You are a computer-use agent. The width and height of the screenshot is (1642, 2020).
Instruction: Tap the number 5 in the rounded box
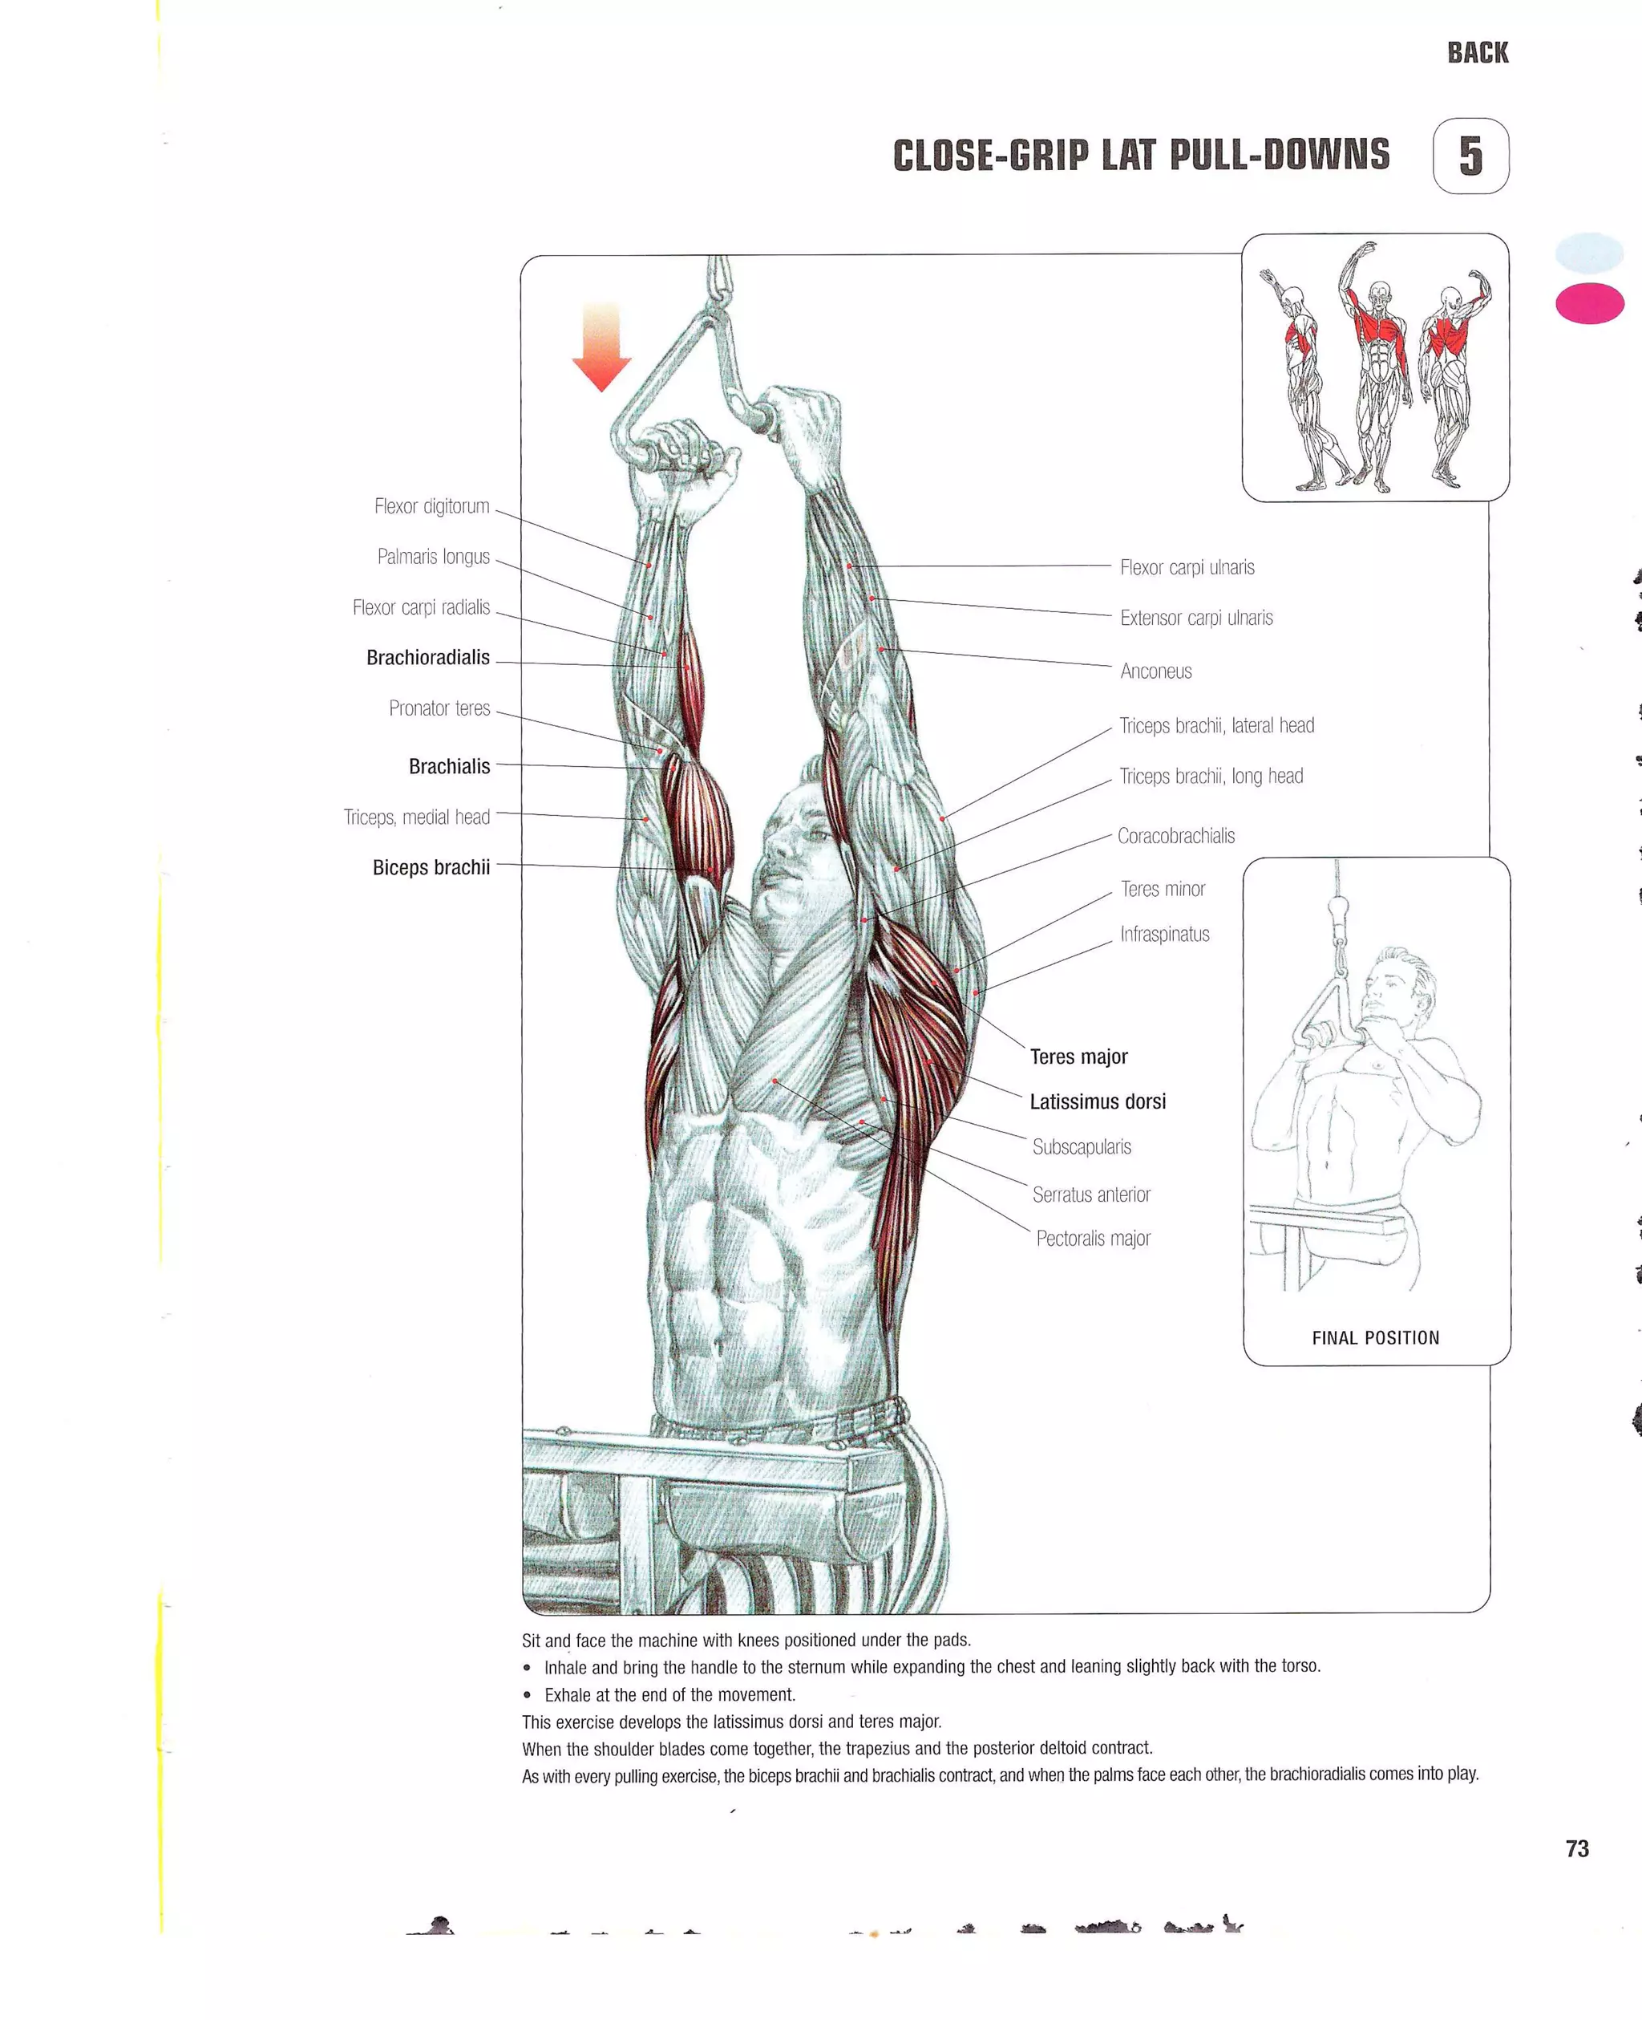[x=1470, y=156]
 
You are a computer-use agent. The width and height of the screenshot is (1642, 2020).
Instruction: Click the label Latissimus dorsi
[x=1097, y=1101]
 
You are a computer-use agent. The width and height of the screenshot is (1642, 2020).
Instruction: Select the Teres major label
[x=1078, y=1057]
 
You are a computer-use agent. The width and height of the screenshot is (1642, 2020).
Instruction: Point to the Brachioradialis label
[x=427, y=658]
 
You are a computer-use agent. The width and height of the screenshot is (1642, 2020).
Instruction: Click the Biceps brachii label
[x=431, y=868]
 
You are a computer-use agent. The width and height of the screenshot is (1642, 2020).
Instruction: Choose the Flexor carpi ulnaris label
[x=1187, y=568]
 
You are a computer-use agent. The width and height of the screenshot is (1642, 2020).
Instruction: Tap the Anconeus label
[x=1156, y=671]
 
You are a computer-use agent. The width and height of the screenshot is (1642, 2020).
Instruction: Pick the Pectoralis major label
[x=1093, y=1239]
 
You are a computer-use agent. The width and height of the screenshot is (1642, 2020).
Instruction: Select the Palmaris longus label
[x=433, y=556]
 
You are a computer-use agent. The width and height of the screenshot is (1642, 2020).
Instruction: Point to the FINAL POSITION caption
[x=1375, y=1338]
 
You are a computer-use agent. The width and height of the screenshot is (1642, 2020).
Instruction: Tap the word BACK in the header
[x=1478, y=53]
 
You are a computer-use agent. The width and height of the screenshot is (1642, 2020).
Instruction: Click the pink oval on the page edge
[x=1589, y=304]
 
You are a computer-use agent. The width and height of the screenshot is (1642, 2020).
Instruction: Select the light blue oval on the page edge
[x=1589, y=253]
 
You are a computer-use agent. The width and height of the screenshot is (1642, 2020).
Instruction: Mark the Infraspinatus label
[x=1164, y=935]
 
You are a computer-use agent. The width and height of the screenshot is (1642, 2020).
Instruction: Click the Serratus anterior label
[x=1090, y=1195]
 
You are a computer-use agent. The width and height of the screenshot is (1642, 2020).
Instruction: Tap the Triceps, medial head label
[x=416, y=817]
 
